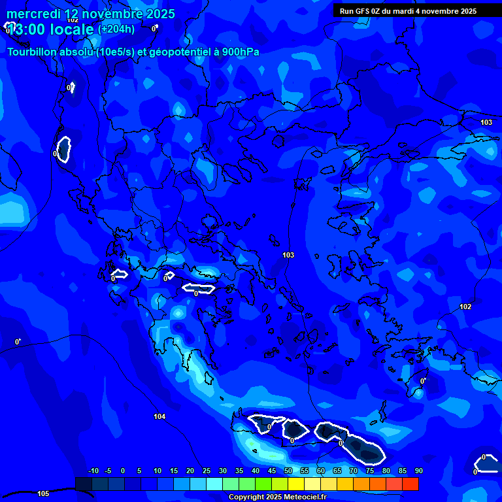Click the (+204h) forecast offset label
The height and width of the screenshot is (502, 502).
pyautogui.click(x=116, y=29)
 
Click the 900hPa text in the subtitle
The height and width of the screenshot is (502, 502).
pyautogui.click(x=241, y=52)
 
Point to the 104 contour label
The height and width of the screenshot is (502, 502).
pyautogui.click(x=159, y=416)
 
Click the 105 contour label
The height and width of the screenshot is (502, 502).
pyautogui.click(x=43, y=494)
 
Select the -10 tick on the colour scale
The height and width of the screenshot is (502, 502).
pyautogui.click(x=93, y=471)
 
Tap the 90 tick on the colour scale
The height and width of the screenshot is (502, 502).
pyautogui.click(x=418, y=471)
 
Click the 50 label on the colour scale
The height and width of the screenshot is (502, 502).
pyautogui.click(x=288, y=471)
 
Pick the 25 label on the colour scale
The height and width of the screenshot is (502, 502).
pyautogui.click(x=206, y=471)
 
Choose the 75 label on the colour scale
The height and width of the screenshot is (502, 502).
pyautogui.click(x=369, y=471)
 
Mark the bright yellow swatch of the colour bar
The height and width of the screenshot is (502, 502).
pyautogui.click(x=295, y=484)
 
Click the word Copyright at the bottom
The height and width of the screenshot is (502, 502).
pyautogui.click(x=246, y=497)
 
